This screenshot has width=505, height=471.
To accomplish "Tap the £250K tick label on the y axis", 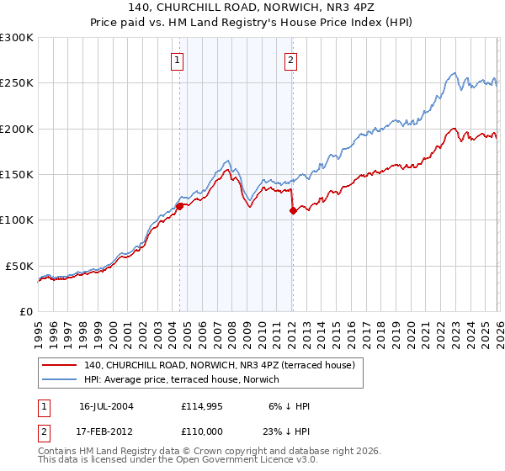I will click(x=17, y=83).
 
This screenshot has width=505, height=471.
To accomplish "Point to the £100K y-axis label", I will click(x=17, y=220).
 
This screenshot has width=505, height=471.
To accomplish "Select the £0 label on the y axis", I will click(x=25, y=311).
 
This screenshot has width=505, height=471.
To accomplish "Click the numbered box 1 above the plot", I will click(x=178, y=60).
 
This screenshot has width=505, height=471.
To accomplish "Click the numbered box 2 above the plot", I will click(x=290, y=60).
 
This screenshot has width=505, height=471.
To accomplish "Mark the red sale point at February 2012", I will click(x=292, y=211).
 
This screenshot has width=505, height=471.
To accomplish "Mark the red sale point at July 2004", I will click(x=180, y=206).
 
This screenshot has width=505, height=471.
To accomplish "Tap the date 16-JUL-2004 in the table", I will click(x=106, y=406).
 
